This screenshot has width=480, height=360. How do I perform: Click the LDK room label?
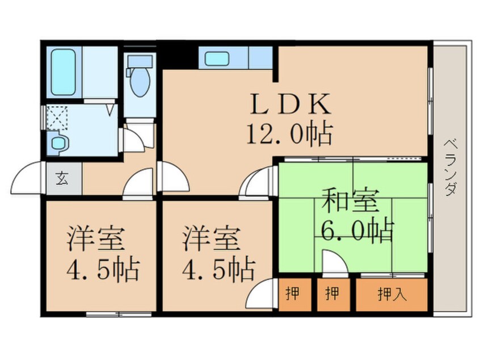[290, 104]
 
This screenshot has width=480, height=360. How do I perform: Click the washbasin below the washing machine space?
[58, 142]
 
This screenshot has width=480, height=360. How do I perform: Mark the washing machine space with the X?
[57, 117]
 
